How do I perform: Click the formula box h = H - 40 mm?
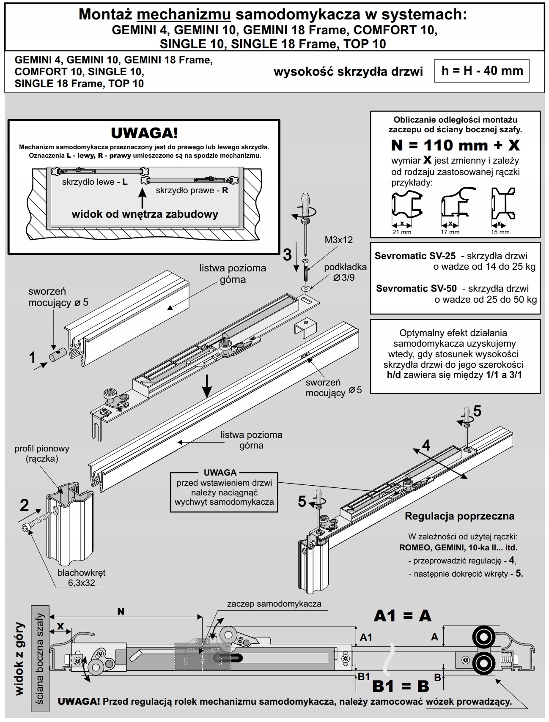pos(482,71)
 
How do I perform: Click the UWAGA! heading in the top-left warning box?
pos(144,133)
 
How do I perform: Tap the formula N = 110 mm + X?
pos(455,145)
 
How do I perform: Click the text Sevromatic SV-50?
pos(416,288)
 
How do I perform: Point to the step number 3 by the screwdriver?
pos(287,255)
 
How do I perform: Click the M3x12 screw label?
pos(339,240)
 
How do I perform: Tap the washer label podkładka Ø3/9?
pos(345,272)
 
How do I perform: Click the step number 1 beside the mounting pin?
pos(33,358)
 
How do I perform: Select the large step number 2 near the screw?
pos(25,505)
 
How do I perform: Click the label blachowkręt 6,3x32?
pos(82,577)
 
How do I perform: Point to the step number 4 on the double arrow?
pos(426,445)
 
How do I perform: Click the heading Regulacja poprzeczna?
pos(459,516)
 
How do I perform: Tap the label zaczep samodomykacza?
pos(274,604)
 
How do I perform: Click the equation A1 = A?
pos(402,615)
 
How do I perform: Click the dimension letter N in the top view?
pos(121,612)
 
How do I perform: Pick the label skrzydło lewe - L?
pos(95,182)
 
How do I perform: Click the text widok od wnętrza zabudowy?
pos(145,214)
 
